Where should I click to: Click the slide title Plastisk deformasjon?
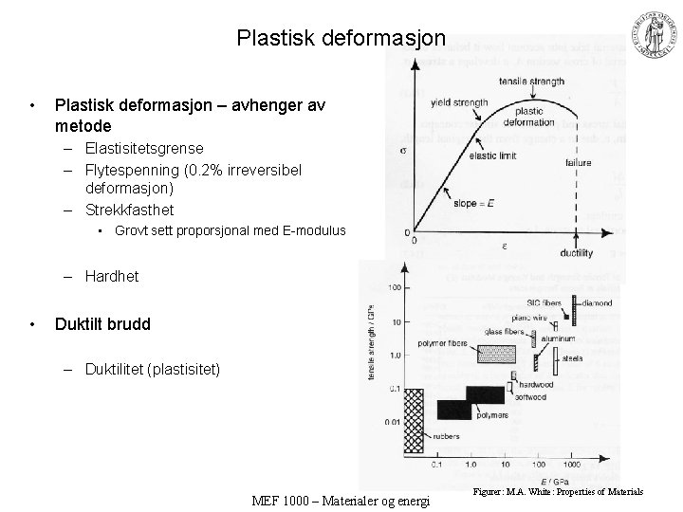(x=341, y=39)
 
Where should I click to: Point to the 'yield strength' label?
(x=458, y=102)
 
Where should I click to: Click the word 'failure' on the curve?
(x=578, y=163)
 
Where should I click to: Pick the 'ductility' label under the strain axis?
(x=576, y=252)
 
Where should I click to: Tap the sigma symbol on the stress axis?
(x=404, y=151)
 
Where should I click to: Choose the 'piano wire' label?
(x=528, y=319)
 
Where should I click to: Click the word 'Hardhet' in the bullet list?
(x=111, y=276)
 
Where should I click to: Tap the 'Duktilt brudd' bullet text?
(x=102, y=323)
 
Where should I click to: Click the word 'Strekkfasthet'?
(x=129, y=209)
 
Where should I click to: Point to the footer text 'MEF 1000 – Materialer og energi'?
(x=340, y=500)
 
